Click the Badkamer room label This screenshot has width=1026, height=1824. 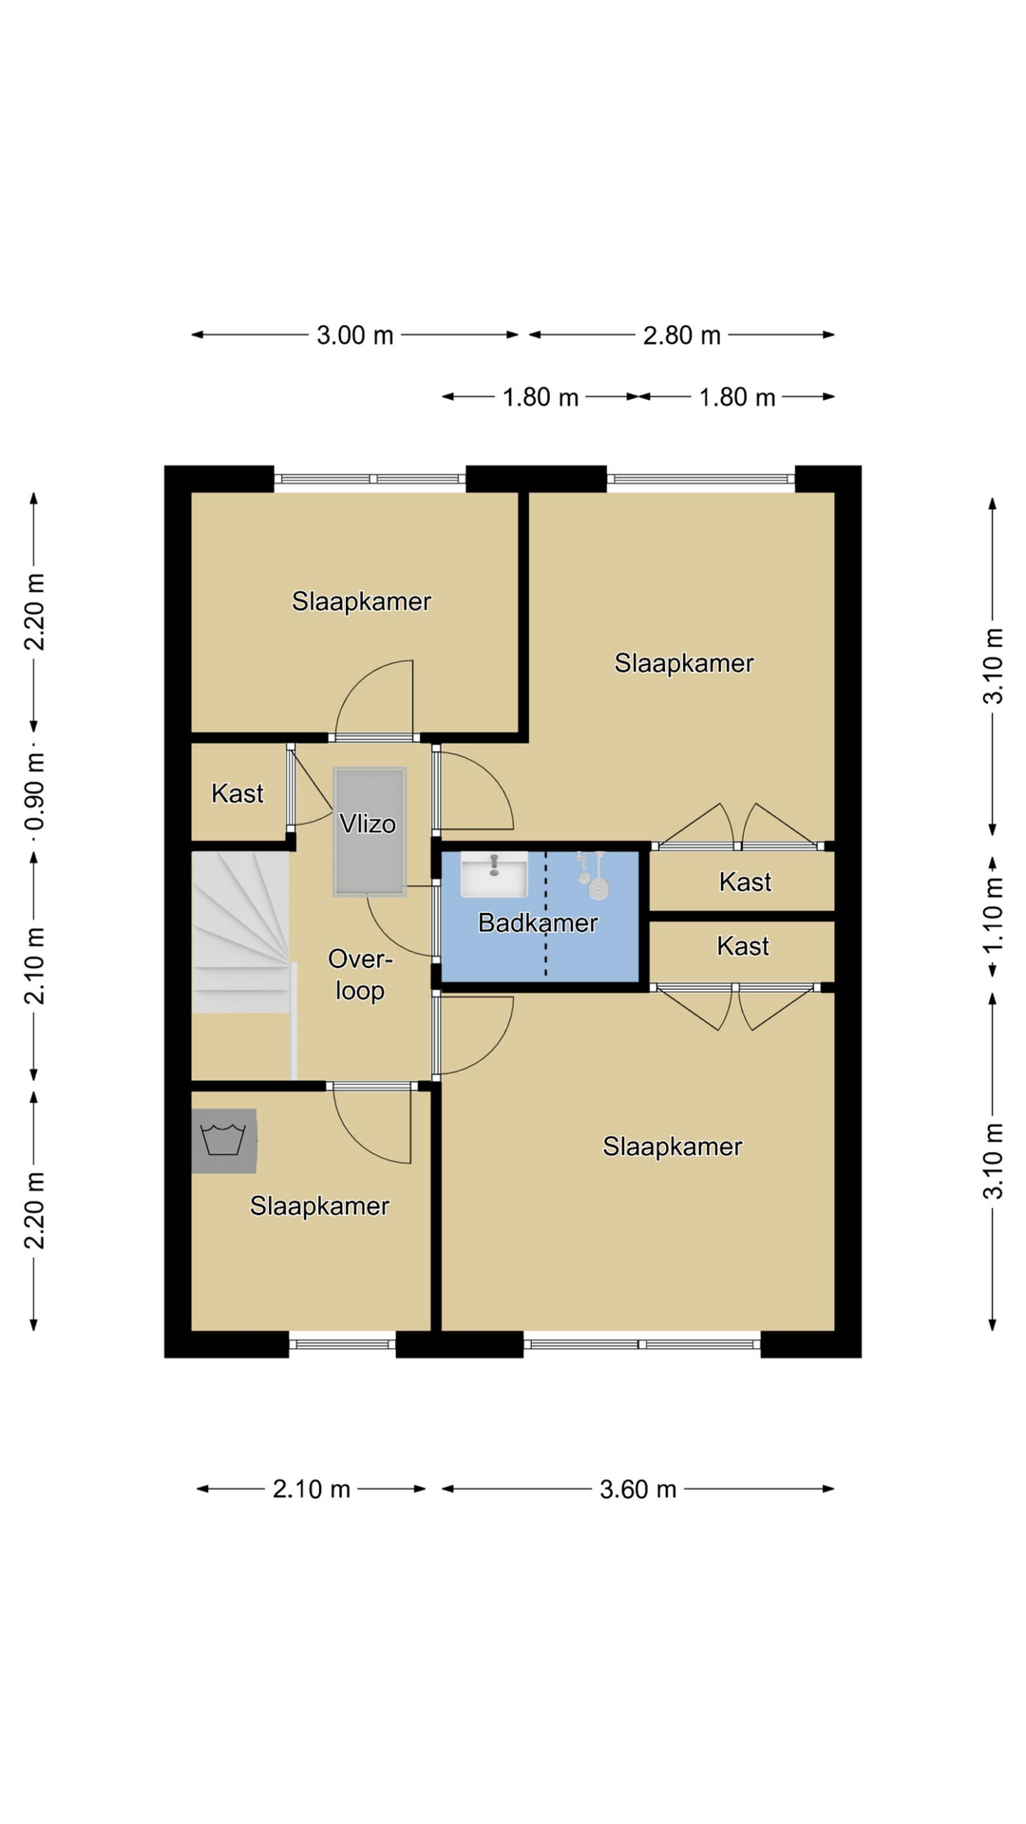pyautogui.click(x=538, y=922)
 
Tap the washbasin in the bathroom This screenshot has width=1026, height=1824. pyautogui.click(x=494, y=874)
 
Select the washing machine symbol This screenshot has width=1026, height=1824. pyautogui.click(x=224, y=1140)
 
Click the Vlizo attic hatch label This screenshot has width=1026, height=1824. pyautogui.click(x=368, y=824)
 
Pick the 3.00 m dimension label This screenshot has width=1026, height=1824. pyautogui.click(x=355, y=335)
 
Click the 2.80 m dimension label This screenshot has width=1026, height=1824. pyautogui.click(x=682, y=335)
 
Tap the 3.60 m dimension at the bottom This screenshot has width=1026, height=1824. pyautogui.click(x=638, y=1489)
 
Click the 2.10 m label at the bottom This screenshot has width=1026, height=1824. pyautogui.click(x=312, y=1489)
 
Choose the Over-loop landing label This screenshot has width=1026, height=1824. pyautogui.click(x=360, y=975)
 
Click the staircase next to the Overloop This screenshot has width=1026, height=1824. pyautogui.click(x=240, y=933)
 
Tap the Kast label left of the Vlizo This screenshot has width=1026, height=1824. pyautogui.click(x=237, y=793)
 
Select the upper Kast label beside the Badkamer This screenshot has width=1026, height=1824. pyautogui.click(x=746, y=883)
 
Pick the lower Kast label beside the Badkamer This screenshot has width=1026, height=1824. pyautogui.click(x=743, y=946)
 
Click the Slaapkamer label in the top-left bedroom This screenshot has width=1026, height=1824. pyautogui.click(x=362, y=601)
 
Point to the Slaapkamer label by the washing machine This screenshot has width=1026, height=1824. pyautogui.click(x=320, y=1206)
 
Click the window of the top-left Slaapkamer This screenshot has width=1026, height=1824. pyautogui.click(x=370, y=479)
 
